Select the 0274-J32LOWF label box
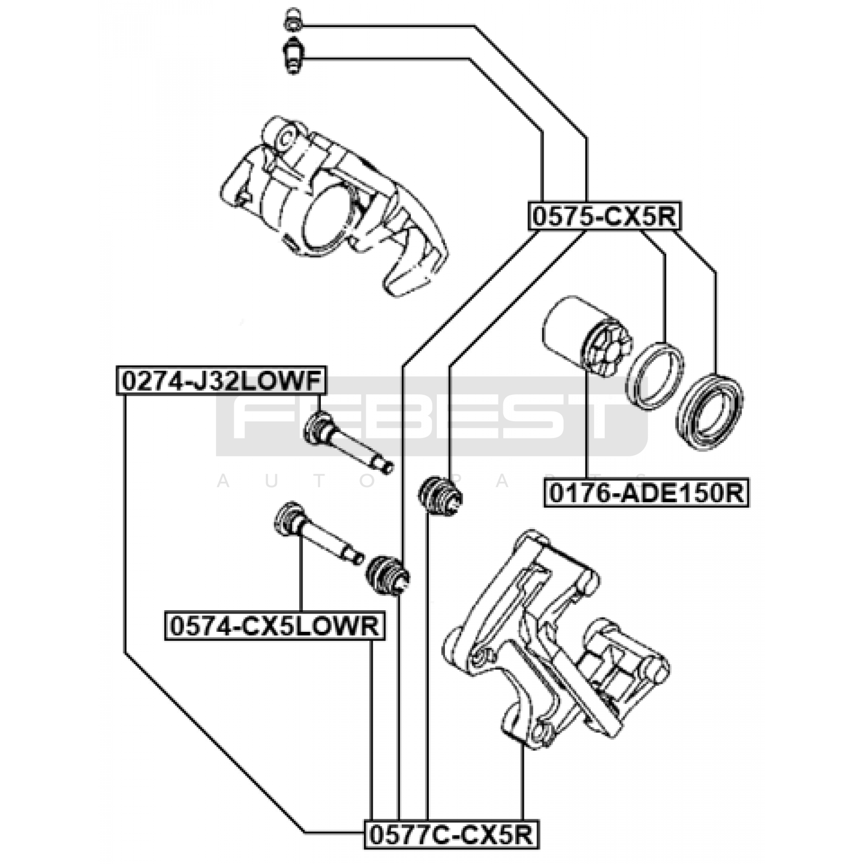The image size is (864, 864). tap(222, 381)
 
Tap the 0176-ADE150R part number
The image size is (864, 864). tap(646, 492)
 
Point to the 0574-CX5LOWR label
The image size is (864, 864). tap(275, 626)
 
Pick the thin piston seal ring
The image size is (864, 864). tap(655, 375)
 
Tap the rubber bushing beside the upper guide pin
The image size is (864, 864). tap(441, 495)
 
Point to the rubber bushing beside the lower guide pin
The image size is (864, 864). tap(387, 576)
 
